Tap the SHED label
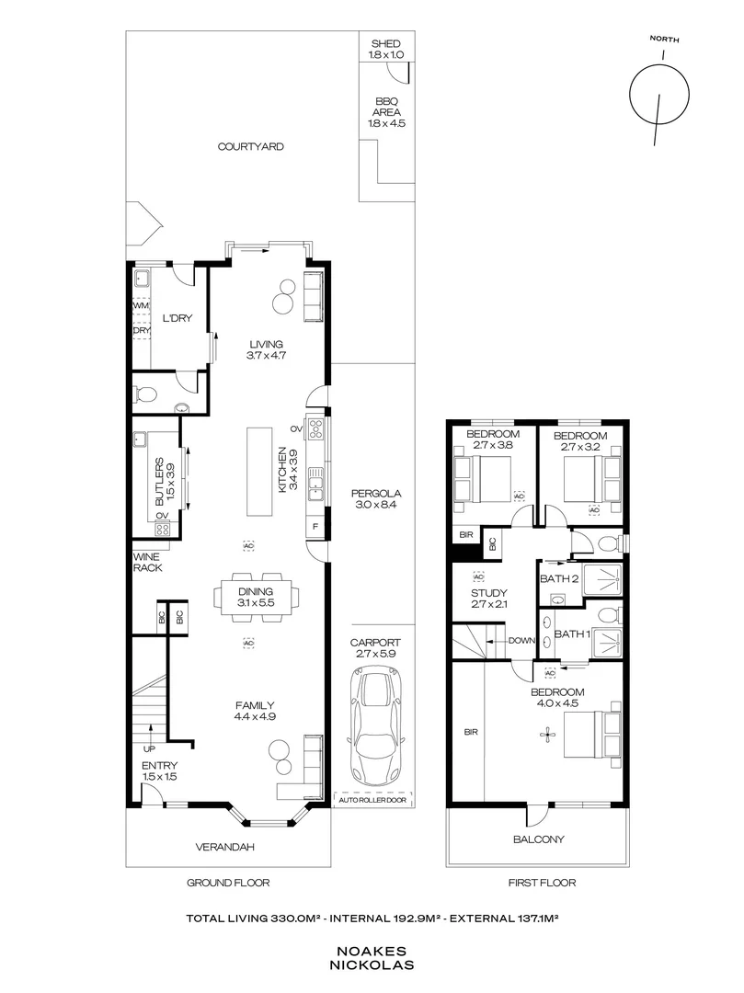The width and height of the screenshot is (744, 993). pos(385,44)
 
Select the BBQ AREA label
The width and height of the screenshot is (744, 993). pos(386,107)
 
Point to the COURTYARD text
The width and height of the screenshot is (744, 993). pos(251,146)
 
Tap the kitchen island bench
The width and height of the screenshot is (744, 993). pos(258,472)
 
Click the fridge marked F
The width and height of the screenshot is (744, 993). pos(315,527)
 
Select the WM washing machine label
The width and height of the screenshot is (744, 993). pos(141,306)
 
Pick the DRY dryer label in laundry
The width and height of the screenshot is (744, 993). pos(142,331)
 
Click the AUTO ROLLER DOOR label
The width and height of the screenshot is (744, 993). pos(372,800)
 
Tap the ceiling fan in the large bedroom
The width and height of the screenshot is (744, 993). pos(545,735)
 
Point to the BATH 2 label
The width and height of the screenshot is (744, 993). pos(559,579)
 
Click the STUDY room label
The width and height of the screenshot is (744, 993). pos(489,593)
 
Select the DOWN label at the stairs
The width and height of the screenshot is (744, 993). pos(521,641)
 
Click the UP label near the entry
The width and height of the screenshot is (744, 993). pos(149,749)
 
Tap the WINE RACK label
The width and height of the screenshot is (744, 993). pos(147,563)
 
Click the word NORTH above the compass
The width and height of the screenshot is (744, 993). pos(664,40)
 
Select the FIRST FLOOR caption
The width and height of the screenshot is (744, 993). pos(542,882)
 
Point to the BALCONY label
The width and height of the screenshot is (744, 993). pos(538,839)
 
